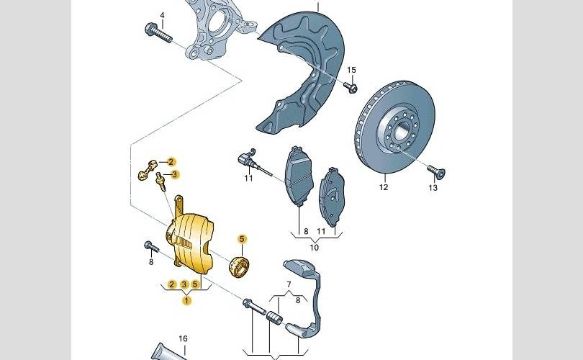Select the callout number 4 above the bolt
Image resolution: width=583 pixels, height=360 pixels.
162,15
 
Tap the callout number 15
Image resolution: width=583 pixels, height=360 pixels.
351,70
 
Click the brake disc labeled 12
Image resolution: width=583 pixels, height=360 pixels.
394,127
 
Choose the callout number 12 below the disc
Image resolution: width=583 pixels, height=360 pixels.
384,187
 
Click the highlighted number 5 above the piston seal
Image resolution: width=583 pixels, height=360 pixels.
242,239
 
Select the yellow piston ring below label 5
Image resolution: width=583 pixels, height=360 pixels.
239,266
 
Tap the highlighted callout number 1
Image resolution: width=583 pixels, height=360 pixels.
186,300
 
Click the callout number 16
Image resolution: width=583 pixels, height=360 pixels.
183,339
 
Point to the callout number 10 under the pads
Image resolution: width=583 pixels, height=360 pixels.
315,247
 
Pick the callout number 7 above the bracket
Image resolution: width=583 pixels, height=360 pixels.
289,284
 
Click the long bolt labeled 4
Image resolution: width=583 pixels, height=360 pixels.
158,32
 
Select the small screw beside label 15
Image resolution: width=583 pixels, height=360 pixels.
351,88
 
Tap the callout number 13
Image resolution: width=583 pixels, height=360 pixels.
433,188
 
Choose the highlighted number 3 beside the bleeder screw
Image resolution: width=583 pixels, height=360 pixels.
176,174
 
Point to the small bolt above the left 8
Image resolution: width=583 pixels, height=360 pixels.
151,246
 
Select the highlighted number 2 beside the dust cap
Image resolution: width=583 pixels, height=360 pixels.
171,162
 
